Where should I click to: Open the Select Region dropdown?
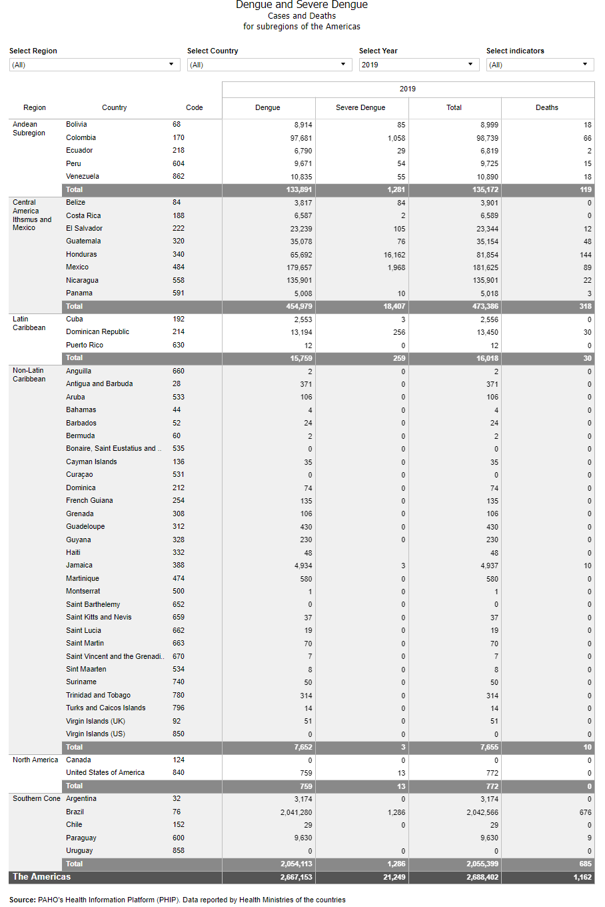coord(95,65)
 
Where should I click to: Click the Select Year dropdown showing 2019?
coord(418,65)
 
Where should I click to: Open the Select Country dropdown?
coord(269,65)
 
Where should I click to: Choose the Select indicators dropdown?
coord(540,65)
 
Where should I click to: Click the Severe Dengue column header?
coord(360,107)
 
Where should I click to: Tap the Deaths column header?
coord(547,107)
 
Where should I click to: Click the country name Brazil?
coord(75,812)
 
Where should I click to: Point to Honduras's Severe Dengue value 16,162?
coord(394,255)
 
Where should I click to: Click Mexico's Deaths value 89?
coord(587,267)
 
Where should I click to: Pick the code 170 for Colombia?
coord(179,137)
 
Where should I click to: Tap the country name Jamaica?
coord(79,565)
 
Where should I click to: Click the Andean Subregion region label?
coord(29,129)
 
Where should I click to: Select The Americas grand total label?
coord(41,877)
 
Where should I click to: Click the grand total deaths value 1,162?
coord(582,878)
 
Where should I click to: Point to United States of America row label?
coord(105,772)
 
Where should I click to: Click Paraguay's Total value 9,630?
coord(489,838)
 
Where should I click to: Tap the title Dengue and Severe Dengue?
coord(302,5)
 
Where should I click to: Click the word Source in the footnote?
coord(22,900)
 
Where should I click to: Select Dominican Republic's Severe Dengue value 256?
coord(399,332)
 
